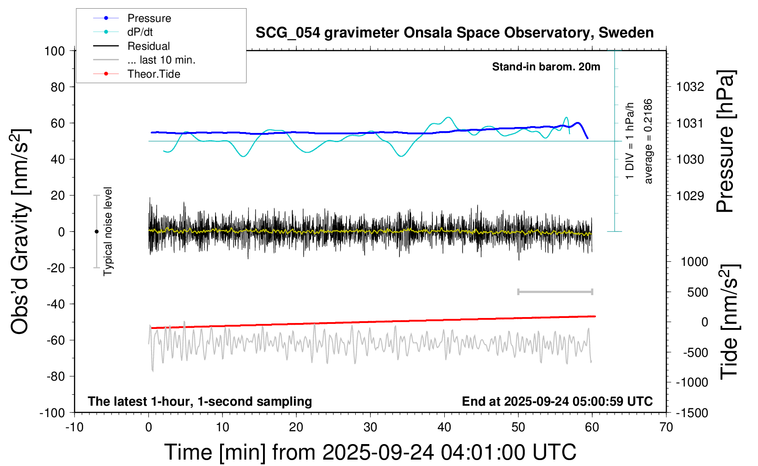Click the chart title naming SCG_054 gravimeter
454,33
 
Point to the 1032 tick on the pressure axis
690,87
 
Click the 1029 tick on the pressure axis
690,196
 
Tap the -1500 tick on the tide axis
692,413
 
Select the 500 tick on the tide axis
697,292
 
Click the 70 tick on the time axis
666,427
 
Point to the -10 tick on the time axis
74,427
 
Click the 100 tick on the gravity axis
54,51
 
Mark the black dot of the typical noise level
96,232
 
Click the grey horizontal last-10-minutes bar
555,291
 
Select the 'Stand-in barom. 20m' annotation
546,67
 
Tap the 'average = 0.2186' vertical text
648,142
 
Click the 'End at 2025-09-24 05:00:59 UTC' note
557,401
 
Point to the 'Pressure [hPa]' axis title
725,142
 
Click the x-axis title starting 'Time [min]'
370,452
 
